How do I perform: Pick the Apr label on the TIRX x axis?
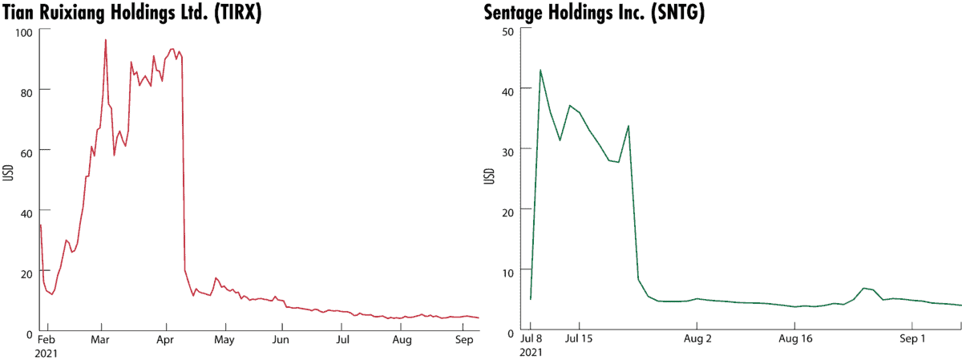point(166,340)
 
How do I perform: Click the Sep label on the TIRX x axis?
point(461,340)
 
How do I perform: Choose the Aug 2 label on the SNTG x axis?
point(697,340)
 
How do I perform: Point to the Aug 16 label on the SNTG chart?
point(794,340)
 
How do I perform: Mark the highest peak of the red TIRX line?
point(106,39)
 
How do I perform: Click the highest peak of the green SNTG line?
point(540,70)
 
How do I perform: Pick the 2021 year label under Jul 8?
point(531,352)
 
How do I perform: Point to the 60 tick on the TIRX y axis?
point(24,150)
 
